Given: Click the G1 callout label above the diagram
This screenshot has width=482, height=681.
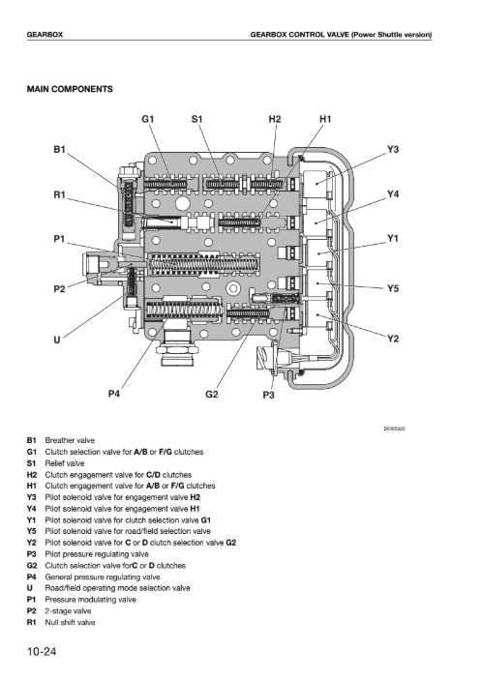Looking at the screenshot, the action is coord(148,119).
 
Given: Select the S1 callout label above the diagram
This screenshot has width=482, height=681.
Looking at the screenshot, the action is coord(196,119).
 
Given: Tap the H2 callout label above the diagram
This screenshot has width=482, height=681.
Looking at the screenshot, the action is coord(275,119).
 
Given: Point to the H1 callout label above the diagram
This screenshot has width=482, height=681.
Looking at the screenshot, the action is coord(325,119).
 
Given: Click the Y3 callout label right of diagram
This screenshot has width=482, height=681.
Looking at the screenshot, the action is coord(393,149).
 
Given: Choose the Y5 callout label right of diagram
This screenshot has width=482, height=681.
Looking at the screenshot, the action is coord(393,288).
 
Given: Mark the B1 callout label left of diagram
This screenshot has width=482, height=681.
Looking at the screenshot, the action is coord(60,149).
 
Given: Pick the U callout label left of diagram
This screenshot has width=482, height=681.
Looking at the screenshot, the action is coord(57,340).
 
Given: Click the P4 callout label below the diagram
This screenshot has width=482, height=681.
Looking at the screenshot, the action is coord(114,394).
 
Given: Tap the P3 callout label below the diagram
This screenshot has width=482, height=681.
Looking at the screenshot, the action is coord(269,395).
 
